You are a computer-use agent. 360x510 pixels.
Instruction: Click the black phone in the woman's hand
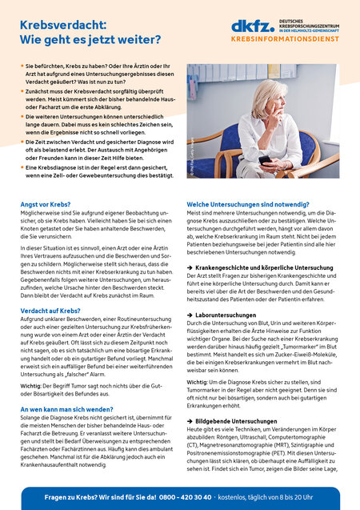pyautogui.click(x=264, y=159)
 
